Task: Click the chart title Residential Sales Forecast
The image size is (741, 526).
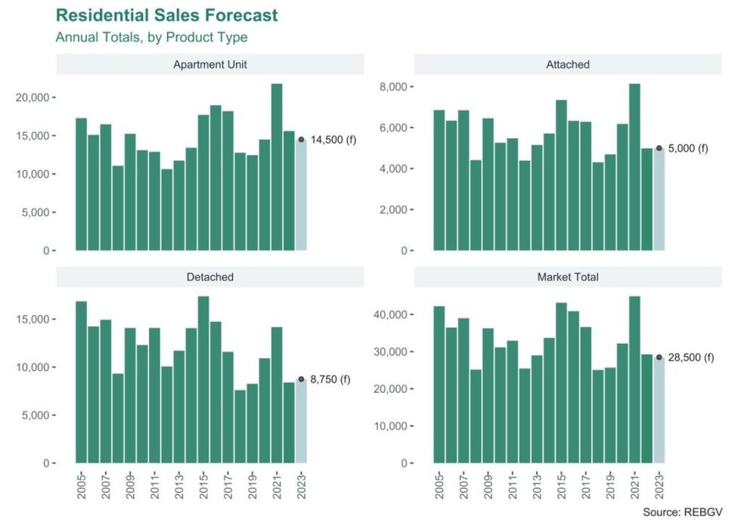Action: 166,15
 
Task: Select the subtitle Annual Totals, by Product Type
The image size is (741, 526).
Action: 151,37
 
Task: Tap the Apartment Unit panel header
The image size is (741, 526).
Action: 209,64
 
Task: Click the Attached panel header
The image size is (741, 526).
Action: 567,64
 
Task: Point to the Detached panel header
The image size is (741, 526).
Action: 209,277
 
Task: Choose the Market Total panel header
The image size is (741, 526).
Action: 567,277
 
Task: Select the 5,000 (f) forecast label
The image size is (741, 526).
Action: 688,148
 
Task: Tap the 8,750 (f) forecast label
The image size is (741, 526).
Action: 330,379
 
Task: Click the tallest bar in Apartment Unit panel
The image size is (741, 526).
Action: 277,166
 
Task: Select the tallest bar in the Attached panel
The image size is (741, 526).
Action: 634,166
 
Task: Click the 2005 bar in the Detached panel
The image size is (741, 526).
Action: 81,382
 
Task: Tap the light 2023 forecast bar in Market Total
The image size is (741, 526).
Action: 659,410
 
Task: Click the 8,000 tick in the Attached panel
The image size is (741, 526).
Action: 396,87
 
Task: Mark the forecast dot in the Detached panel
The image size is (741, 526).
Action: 301,379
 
